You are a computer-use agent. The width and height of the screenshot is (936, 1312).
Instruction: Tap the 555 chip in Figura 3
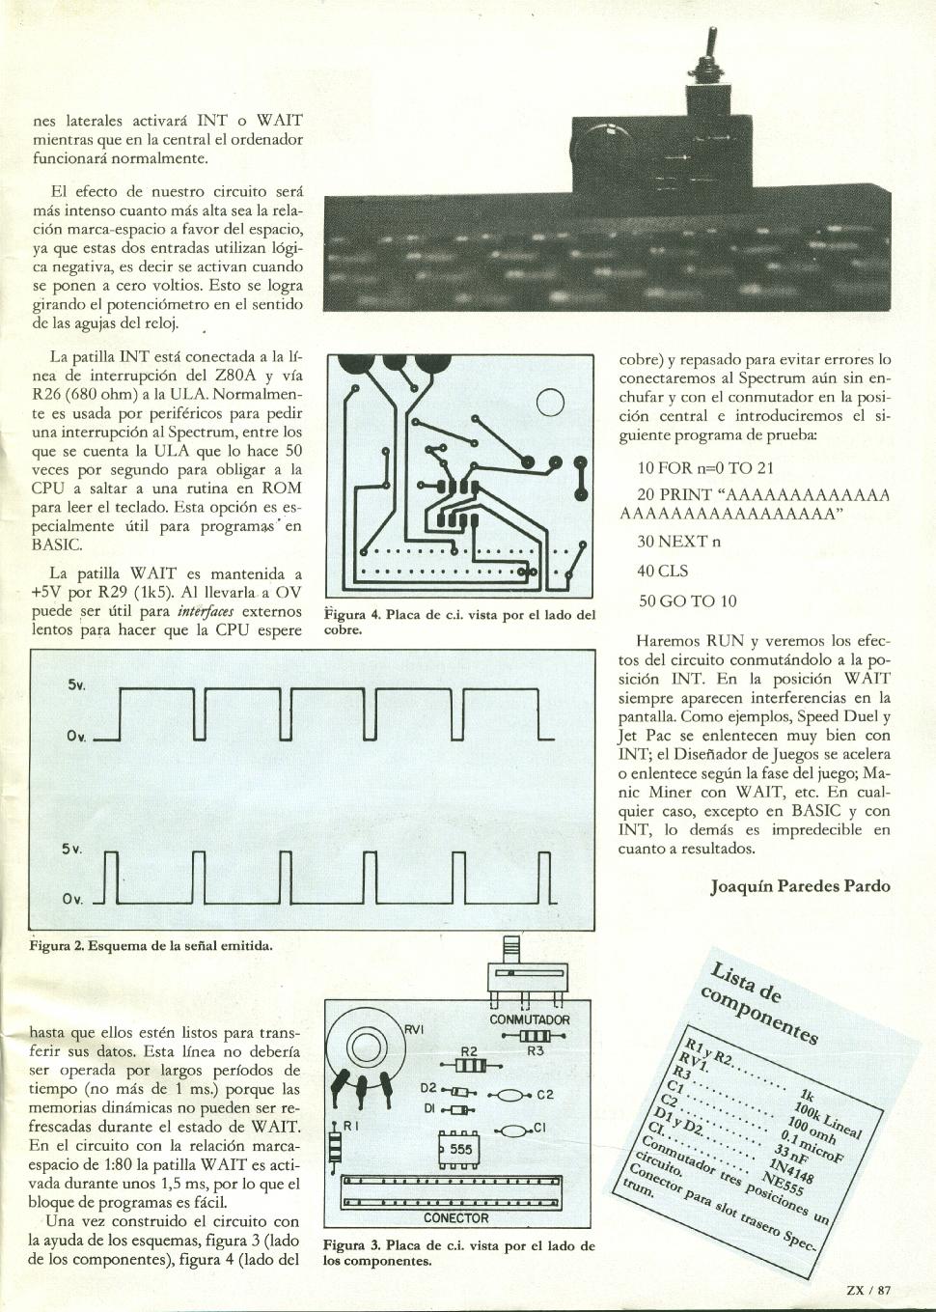click(x=455, y=1150)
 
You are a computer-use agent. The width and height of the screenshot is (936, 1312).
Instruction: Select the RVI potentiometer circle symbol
click(x=365, y=1047)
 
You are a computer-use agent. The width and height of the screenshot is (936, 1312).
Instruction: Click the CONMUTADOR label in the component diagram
click(x=530, y=1019)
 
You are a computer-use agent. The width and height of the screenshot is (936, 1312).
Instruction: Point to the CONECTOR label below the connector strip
click(x=455, y=1218)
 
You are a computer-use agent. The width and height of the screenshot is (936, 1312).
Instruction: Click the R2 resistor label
click(x=469, y=1051)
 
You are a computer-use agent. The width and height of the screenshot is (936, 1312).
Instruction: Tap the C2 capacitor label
click(x=545, y=1095)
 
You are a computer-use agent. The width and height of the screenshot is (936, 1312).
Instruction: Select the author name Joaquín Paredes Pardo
click(x=800, y=885)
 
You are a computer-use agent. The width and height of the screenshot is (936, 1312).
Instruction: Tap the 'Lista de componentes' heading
click(x=763, y=1000)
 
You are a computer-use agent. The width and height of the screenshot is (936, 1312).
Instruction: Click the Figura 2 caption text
click(x=151, y=945)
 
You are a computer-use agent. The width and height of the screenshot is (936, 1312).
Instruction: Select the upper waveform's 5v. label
click(x=77, y=684)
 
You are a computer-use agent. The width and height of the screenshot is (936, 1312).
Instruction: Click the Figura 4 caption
click(x=459, y=622)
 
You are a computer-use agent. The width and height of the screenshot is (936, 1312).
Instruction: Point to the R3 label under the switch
click(x=537, y=1052)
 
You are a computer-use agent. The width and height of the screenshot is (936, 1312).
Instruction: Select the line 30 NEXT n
click(x=678, y=542)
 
